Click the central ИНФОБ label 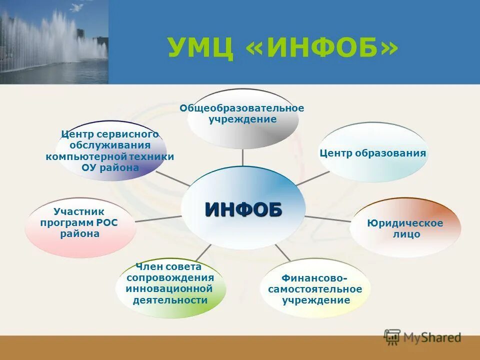click(x=243, y=209)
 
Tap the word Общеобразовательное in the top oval click(x=242, y=108)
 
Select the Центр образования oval click(x=373, y=153)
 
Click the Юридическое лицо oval click(x=405, y=228)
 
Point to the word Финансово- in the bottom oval click(x=314, y=277)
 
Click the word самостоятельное click(x=315, y=289)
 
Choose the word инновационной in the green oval click(x=169, y=288)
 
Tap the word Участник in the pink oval click(x=78, y=211)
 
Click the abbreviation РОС click(x=107, y=222)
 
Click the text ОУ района click(x=110, y=167)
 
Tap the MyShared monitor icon click(x=392, y=336)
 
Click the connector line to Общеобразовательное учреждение click(x=242, y=157)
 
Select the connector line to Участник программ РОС click(x=158, y=218)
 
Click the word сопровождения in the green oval click(x=170, y=277)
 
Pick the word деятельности click(x=170, y=300)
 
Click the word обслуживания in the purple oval click(x=110, y=145)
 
